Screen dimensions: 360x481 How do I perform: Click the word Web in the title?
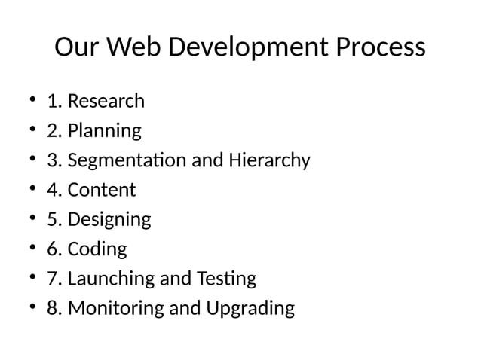click(133, 48)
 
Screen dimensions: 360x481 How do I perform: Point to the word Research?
click(106, 101)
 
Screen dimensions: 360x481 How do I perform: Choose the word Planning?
click(104, 131)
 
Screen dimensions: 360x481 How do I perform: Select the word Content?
click(101, 190)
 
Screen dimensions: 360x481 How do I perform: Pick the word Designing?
click(109, 220)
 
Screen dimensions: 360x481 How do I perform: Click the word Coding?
click(97, 249)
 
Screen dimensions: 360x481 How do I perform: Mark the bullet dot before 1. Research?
click(32, 101)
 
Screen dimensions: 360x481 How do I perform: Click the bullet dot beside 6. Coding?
click(32, 249)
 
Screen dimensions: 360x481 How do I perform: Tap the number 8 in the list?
click(52, 309)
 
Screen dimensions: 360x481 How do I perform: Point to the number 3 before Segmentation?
click(52, 160)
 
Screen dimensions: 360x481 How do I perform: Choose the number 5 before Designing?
click(52, 220)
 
